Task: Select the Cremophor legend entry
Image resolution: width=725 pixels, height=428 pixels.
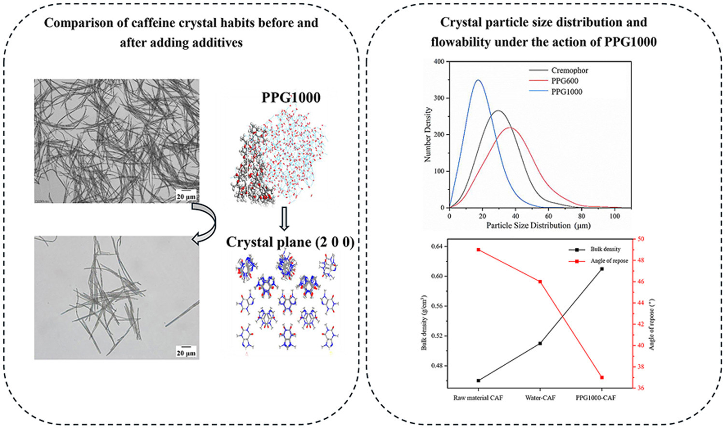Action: (569, 71)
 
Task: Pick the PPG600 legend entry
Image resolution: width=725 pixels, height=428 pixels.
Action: (564, 81)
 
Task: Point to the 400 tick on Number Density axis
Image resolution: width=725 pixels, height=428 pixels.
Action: (439, 62)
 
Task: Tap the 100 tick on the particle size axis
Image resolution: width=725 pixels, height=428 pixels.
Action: (614, 216)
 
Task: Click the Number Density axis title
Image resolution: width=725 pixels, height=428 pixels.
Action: (428, 134)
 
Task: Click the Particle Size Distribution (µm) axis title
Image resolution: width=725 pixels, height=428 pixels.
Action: (538, 226)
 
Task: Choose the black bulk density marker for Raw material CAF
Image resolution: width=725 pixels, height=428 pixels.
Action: (478, 381)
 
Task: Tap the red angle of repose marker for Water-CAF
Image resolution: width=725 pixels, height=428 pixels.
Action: (540, 282)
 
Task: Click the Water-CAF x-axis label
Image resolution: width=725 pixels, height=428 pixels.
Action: (540, 398)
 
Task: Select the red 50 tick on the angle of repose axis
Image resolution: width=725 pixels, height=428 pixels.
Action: (641, 239)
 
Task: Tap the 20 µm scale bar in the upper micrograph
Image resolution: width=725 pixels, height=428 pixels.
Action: (186, 196)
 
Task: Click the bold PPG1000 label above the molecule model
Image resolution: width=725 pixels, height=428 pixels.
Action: (291, 98)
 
